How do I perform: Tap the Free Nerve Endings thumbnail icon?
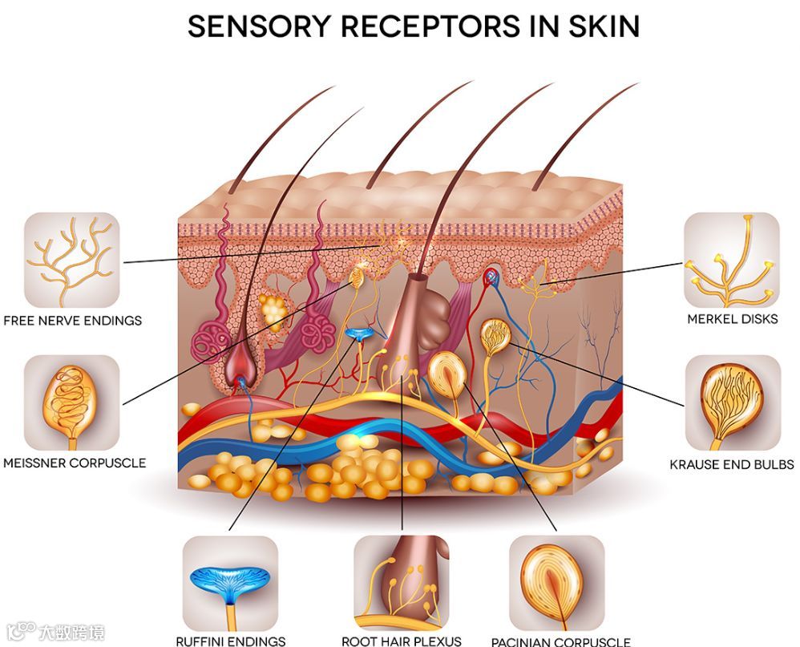pos(71,261)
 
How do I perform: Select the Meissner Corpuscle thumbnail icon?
pos(71,403)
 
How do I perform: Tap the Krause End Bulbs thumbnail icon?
pos(732,403)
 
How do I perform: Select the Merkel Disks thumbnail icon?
pos(731,261)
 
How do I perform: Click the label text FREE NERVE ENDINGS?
pos(73,321)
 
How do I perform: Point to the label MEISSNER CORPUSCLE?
pos(75,463)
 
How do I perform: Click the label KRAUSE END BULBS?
pos(732,464)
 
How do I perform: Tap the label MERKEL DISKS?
pos(732,319)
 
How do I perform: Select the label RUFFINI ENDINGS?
pos(231,641)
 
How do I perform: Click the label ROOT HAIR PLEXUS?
pos(402,641)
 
